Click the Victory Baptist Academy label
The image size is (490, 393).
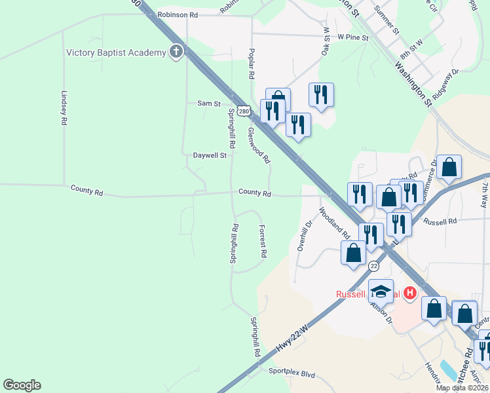(116, 52)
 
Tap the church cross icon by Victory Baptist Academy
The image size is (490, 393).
(176, 52)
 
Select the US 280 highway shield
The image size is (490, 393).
(244, 111)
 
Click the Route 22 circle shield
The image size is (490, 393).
(373, 266)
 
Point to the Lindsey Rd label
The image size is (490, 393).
(64, 108)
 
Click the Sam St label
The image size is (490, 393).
(208, 103)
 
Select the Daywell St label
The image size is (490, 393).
(210, 156)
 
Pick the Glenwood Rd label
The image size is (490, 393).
(259, 145)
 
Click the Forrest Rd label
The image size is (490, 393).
(263, 240)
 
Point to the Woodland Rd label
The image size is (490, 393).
(335, 223)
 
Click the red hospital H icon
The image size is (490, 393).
(410, 292)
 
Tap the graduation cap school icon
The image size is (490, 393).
(381, 290)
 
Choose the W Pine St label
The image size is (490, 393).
(353, 38)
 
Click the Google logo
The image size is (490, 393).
(22, 385)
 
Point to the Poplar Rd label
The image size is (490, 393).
(250, 63)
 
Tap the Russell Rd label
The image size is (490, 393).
(440, 221)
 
